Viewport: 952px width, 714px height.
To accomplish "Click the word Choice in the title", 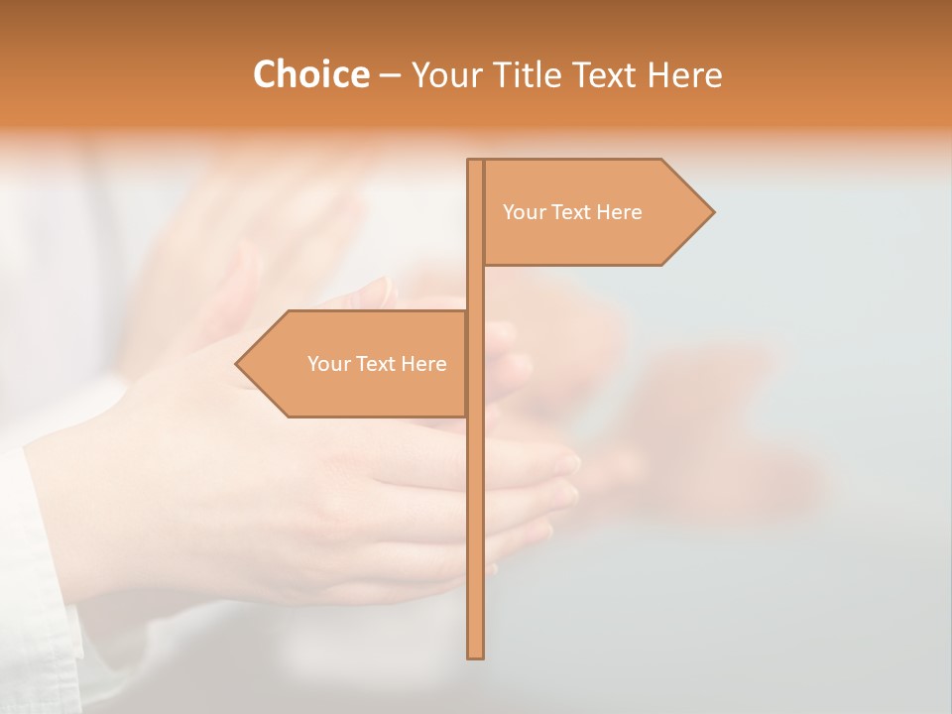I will coord(310,75).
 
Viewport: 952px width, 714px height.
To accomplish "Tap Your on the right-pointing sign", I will coord(524,212).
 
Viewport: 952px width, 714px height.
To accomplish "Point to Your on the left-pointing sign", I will coord(328,364).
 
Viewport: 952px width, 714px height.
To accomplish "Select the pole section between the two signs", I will coord(475,288).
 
